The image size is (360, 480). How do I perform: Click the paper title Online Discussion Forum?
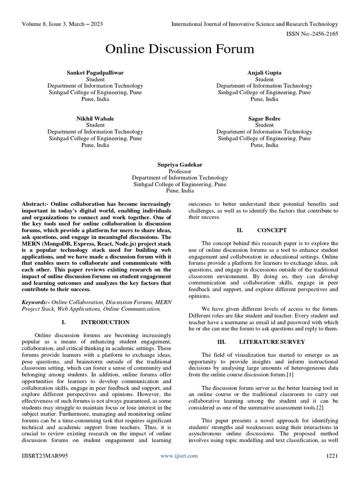180,49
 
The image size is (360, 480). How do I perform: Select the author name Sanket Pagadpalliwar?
95,73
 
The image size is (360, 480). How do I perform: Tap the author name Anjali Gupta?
264,73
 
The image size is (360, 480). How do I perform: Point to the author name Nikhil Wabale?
95,119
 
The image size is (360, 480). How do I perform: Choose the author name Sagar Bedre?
264,119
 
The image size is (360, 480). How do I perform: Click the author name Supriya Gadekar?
180,165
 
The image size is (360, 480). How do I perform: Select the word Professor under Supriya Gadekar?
180,171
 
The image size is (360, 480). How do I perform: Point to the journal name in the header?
255,24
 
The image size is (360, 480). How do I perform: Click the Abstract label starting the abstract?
35,204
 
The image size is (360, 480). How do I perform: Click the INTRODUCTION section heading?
105,322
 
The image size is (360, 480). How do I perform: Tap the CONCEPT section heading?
272,231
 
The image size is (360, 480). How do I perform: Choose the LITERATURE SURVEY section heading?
272,342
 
